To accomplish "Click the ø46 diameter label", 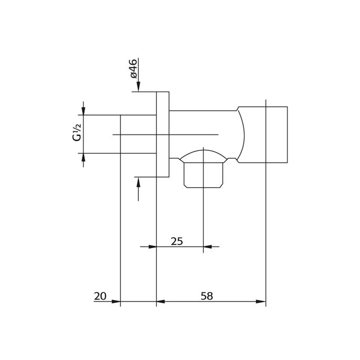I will point(133,69).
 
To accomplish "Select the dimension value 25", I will point(177,241).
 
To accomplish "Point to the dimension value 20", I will point(100,296).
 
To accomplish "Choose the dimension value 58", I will point(207,296).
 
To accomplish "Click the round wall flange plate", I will point(163,134).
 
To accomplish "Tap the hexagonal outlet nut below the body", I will point(204,174).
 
